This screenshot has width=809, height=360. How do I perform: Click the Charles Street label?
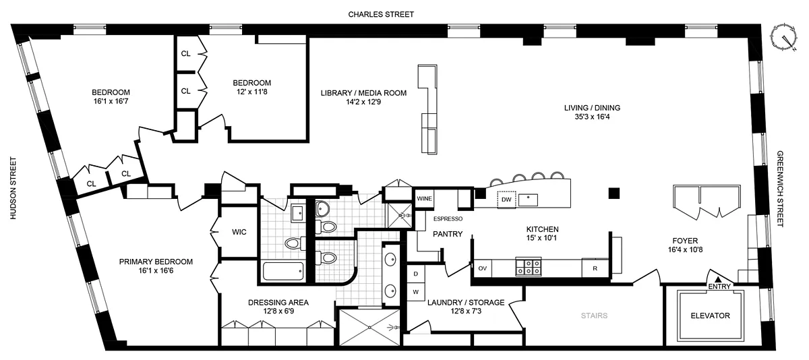pyautogui.click(x=381, y=13)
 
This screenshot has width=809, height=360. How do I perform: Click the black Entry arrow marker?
pyautogui.click(x=718, y=279)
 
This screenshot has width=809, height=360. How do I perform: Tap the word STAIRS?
pyautogui.click(x=593, y=315)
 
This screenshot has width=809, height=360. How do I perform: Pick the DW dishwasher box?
pyautogui.click(x=506, y=199)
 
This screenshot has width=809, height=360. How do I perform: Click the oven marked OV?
pyautogui.click(x=483, y=268)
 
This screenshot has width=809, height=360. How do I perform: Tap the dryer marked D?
pyautogui.click(x=415, y=274)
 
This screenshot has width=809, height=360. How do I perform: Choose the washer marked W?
pyautogui.click(x=415, y=291)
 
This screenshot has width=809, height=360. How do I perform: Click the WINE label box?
pyautogui.click(x=424, y=199)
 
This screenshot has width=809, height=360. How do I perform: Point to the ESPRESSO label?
pyautogui.click(x=448, y=219)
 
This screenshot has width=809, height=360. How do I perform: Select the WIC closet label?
pyautogui.click(x=239, y=232)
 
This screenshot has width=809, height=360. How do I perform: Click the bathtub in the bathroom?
pyautogui.click(x=284, y=271)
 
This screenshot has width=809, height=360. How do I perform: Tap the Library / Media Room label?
pyautogui.click(x=363, y=98)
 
